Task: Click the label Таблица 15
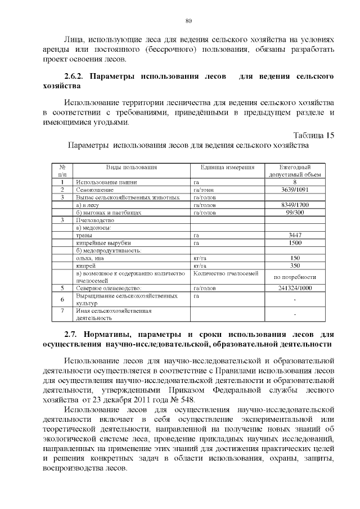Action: (x=314, y=135)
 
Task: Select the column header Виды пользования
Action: (x=132, y=167)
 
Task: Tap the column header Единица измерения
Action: (x=227, y=167)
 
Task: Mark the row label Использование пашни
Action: (x=106, y=182)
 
